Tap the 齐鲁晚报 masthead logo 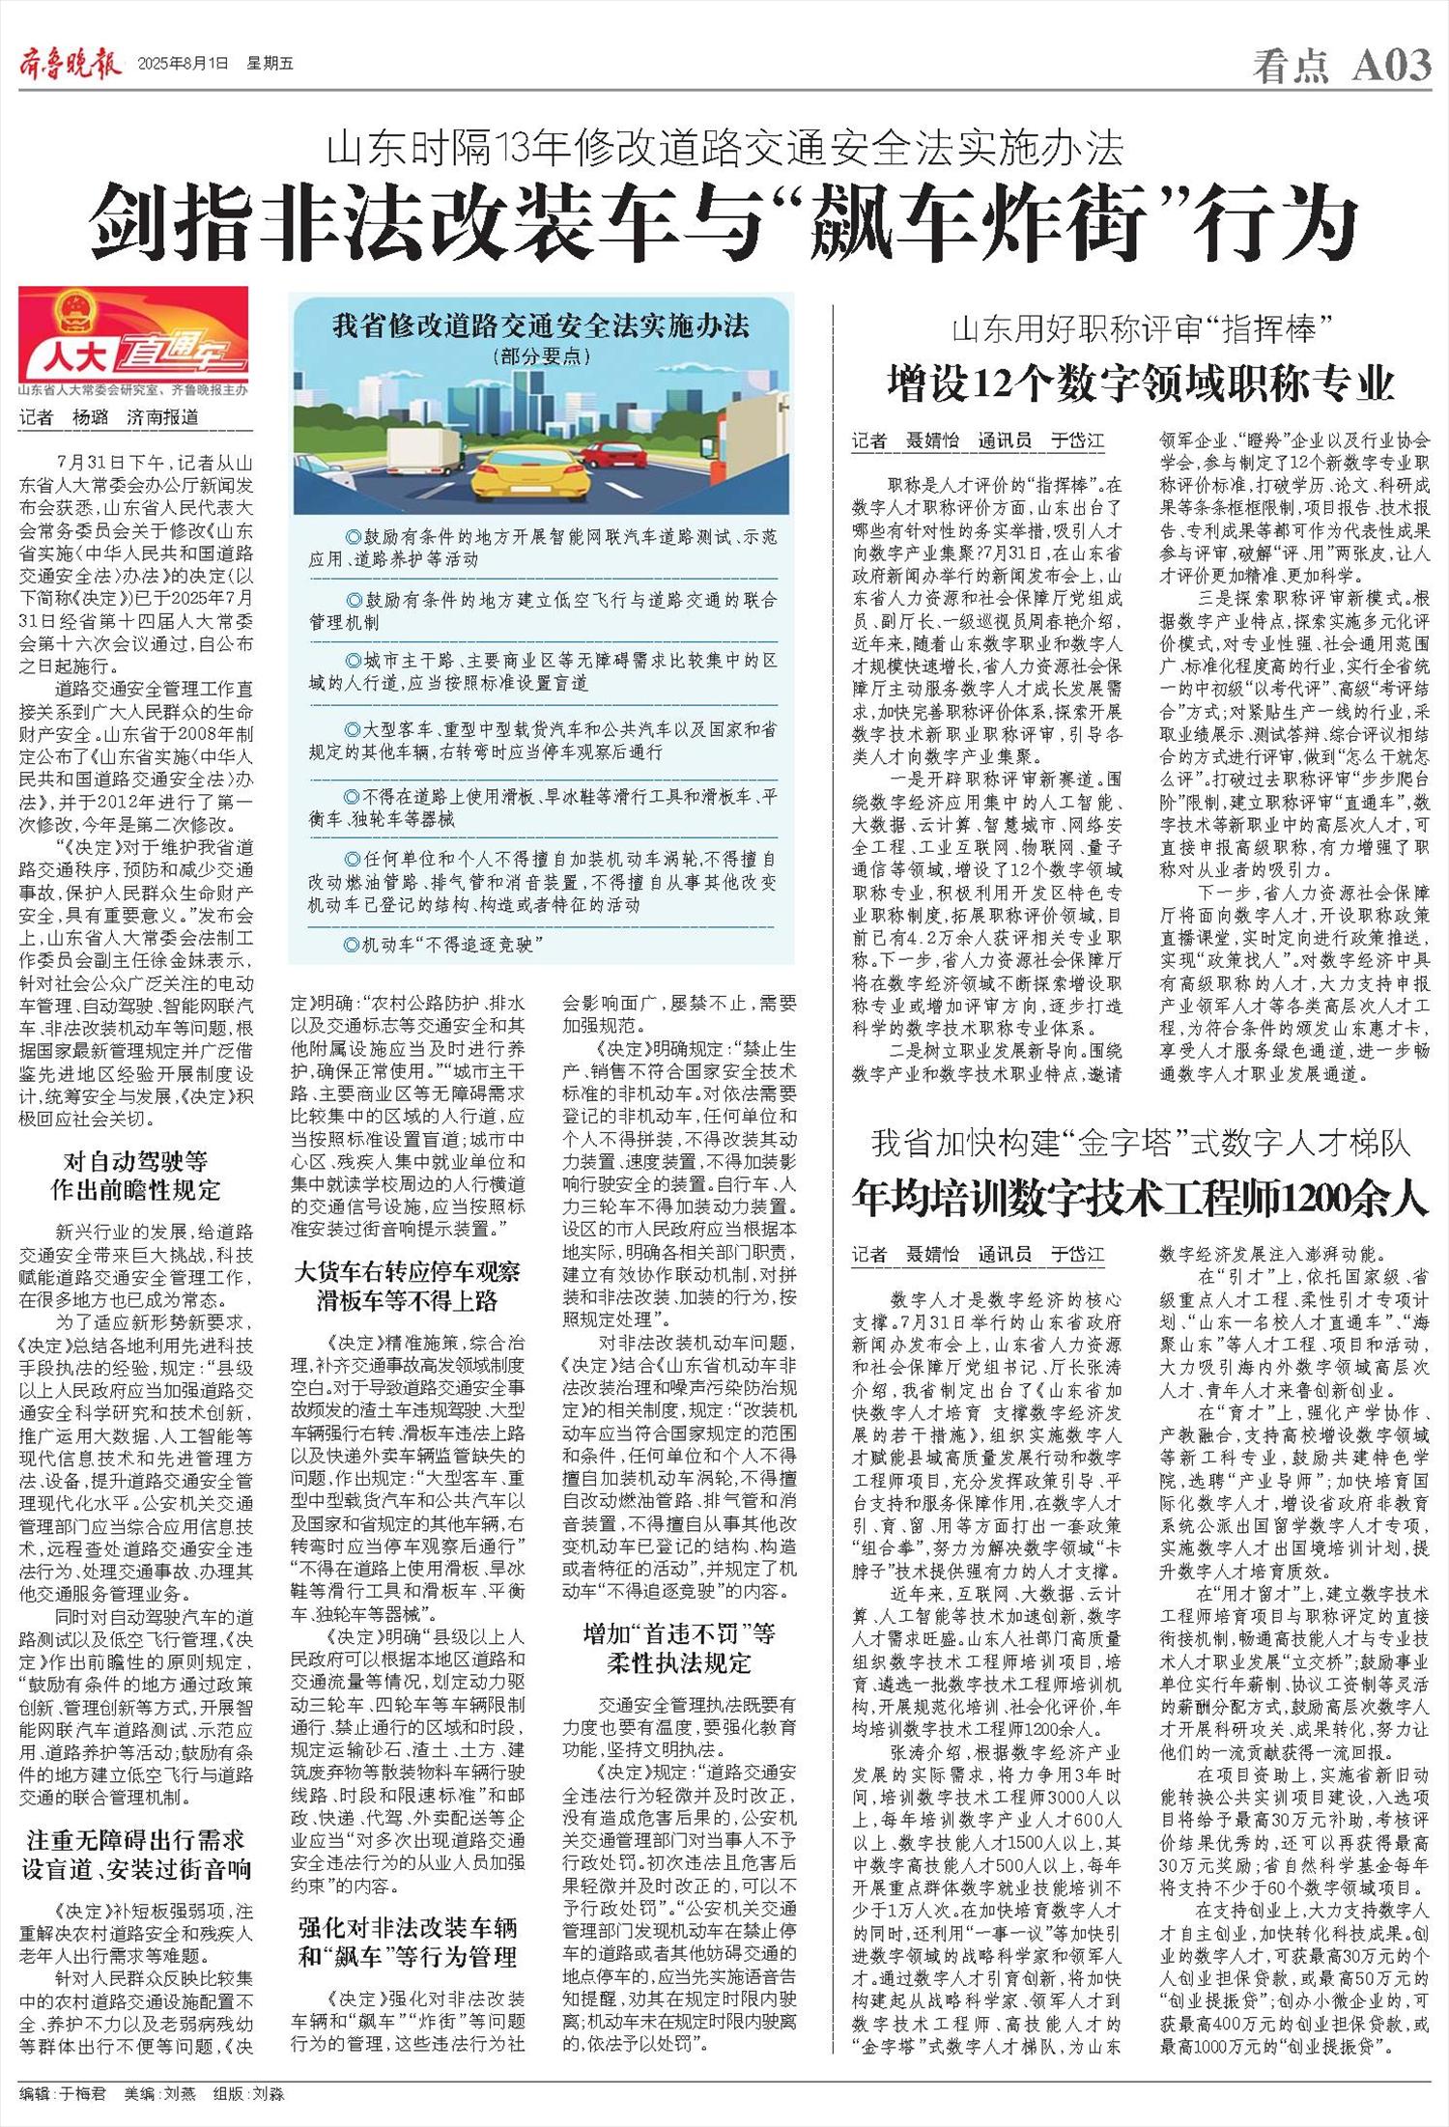click(71, 64)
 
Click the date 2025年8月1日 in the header click(184, 65)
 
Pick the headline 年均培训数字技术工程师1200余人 click(1140, 1200)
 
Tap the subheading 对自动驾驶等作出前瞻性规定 click(136, 1175)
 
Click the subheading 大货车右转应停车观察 click(407, 1272)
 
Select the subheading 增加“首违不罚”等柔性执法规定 click(679, 1648)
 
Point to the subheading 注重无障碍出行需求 click(136, 1841)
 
